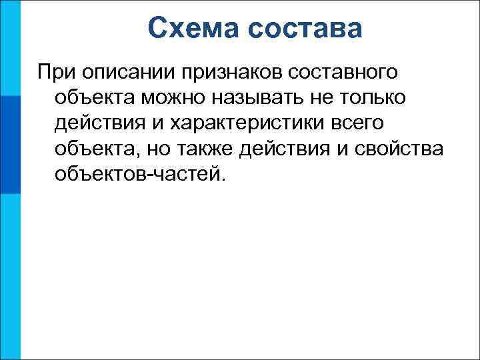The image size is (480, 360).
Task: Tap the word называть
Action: pos(269,97)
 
